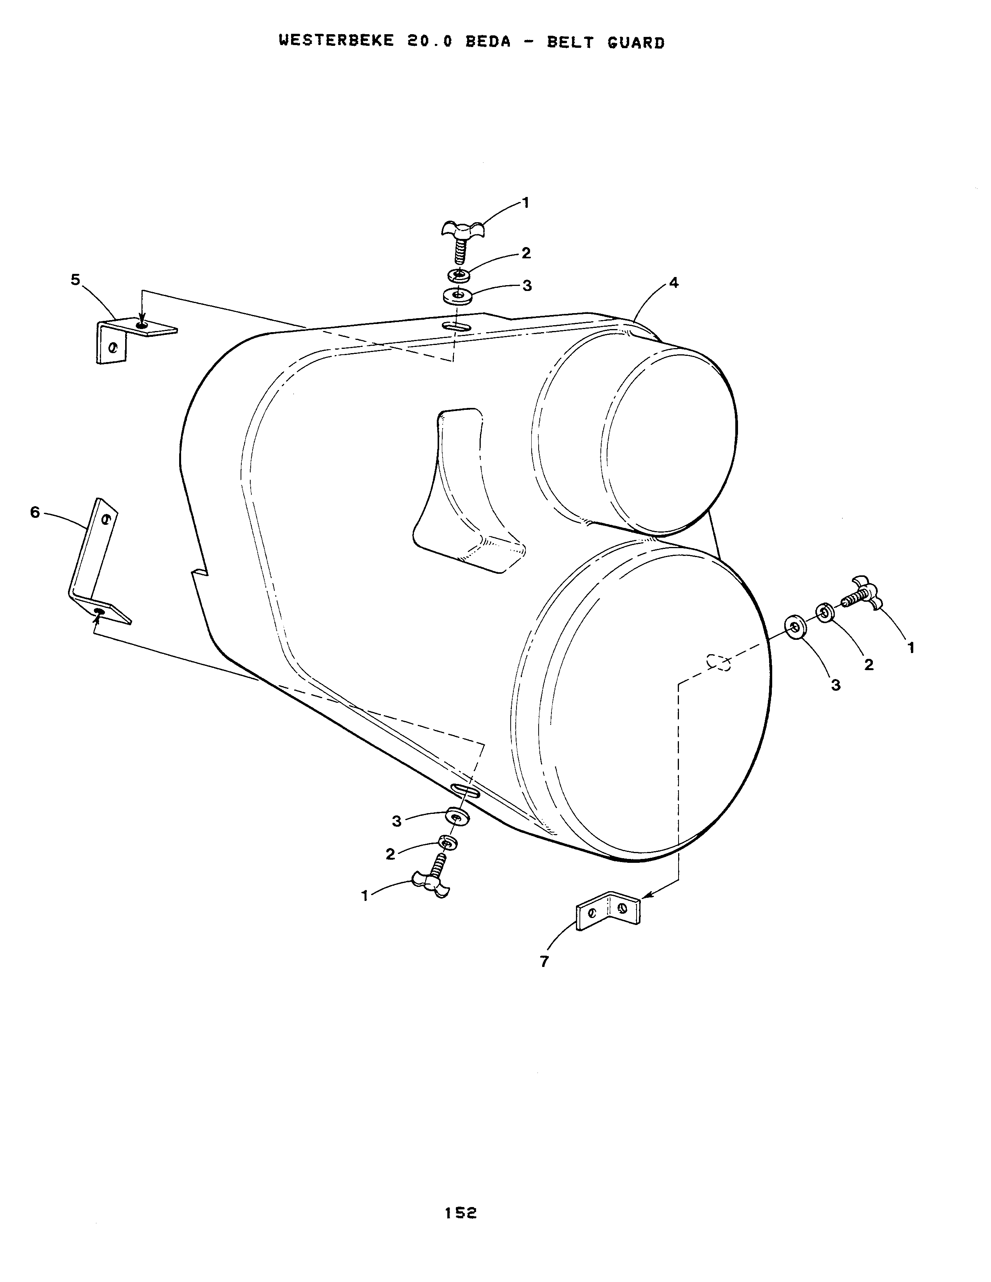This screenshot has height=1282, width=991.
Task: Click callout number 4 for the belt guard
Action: point(673,283)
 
